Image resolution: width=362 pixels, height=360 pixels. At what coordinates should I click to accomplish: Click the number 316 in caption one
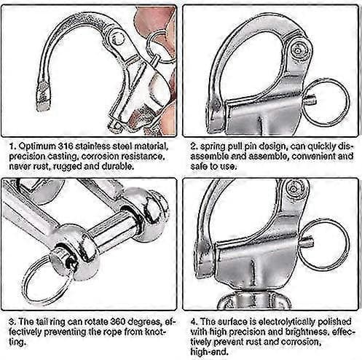click(66, 146)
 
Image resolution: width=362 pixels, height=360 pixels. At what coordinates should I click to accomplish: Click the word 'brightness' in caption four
click(307, 332)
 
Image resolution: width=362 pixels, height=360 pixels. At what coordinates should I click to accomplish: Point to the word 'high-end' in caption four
click(209, 352)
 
